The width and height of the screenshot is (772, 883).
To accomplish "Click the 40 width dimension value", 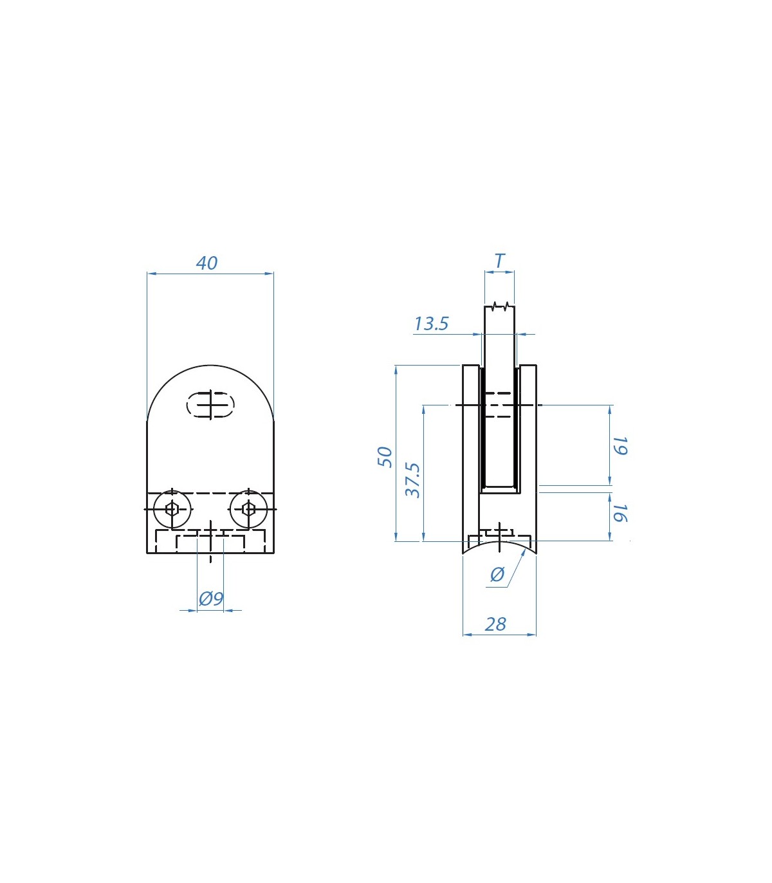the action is point(207,263).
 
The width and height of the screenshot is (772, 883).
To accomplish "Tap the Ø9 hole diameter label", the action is point(211,599).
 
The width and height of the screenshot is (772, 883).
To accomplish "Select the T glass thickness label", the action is point(499,261).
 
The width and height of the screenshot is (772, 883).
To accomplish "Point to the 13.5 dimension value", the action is point(431,324).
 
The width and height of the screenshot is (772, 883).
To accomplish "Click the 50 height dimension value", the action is point(385,457).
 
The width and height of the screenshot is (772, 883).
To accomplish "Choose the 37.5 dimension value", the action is point(413,480).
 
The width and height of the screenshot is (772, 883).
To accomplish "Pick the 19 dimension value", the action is point(621,446).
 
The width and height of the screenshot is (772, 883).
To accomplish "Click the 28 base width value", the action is point(495,624).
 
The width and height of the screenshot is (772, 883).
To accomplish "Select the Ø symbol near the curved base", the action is point(497,575).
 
